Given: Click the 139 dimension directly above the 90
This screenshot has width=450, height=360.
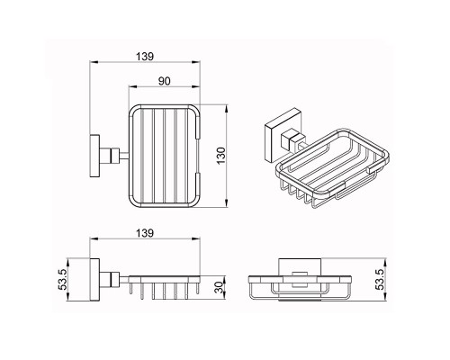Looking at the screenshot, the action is point(145,57).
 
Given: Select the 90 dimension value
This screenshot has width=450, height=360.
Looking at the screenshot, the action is point(164,81).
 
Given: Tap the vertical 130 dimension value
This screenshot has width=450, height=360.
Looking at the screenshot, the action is point(220,156).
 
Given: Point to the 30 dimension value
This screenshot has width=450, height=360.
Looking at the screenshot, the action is point(220,287).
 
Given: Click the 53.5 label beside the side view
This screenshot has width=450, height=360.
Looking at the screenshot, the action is point(62,279).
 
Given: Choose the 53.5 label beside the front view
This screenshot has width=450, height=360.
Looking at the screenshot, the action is point(381,279).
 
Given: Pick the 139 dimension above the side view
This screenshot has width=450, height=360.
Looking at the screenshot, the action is point(145,233).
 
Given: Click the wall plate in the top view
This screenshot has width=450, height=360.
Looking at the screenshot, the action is point(94,156).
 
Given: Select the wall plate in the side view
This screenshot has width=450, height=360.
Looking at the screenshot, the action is point(94,279).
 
